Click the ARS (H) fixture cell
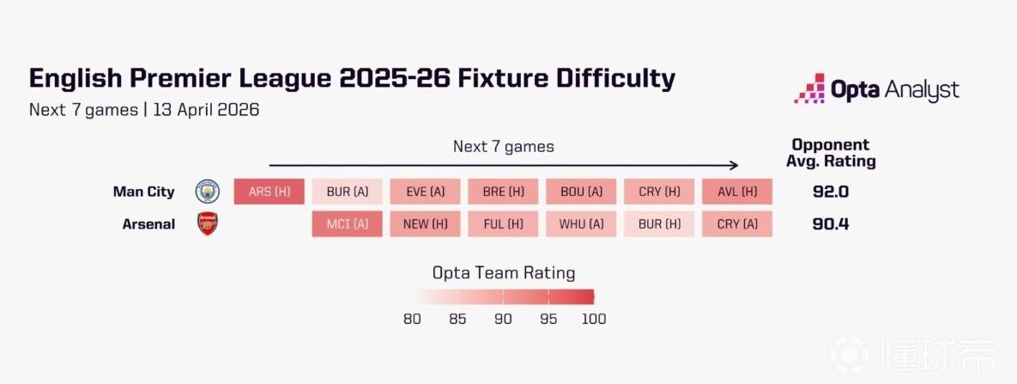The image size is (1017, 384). (269, 192)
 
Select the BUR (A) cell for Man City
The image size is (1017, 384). (347, 192)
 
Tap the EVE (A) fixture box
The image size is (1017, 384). (425, 192)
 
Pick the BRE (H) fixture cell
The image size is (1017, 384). (503, 192)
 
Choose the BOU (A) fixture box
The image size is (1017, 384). (581, 192)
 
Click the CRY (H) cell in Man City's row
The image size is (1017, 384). (659, 192)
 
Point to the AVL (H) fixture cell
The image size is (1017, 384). (736, 192)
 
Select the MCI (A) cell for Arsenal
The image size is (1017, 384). (347, 224)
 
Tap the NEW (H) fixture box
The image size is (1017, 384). (425, 224)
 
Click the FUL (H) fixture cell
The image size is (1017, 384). (503, 224)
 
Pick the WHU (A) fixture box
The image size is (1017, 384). (581, 224)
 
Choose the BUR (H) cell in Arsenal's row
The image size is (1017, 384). (659, 224)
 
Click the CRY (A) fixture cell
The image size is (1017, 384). (736, 224)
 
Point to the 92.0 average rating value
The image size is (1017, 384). (831, 192)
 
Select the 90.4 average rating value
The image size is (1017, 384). (831, 224)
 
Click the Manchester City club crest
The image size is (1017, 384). (208, 192)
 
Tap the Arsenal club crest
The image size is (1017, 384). (208, 224)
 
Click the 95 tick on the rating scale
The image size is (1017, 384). (548, 319)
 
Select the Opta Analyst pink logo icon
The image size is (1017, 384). (808, 88)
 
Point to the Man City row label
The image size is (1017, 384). (143, 192)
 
